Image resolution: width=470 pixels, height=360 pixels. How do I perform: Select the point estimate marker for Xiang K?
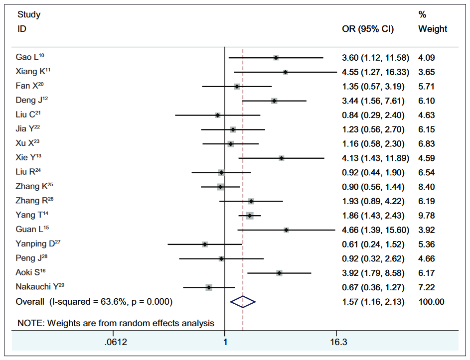click(x=285, y=72)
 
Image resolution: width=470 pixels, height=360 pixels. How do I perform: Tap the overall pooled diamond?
click(x=243, y=302)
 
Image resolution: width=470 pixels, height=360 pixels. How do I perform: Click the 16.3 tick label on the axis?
click(x=336, y=342)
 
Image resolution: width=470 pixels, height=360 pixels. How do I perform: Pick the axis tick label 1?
click(x=225, y=342)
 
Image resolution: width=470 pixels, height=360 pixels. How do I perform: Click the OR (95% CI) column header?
click(x=367, y=29)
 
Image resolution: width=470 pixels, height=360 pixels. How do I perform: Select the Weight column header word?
click(x=433, y=29)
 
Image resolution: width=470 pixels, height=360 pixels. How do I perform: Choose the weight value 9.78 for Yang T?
click(x=427, y=216)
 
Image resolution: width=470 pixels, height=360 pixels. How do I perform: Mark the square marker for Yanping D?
click(x=205, y=244)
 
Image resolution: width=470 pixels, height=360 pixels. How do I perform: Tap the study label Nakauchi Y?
click(x=40, y=287)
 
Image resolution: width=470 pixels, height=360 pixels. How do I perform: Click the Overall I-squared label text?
click(x=94, y=302)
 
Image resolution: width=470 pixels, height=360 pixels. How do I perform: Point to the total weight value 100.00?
click(x=431, y=302)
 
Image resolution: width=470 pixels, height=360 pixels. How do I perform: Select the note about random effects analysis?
click(x=116, y=323)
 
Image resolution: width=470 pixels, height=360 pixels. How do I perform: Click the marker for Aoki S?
click(x=279, y=273)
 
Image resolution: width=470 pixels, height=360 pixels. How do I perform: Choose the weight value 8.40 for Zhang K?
click(x=427, y=187)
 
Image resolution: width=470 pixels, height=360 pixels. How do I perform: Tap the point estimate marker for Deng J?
click(x=274, y=101)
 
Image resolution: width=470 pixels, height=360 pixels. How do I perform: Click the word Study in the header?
click(x=29, y=14)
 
